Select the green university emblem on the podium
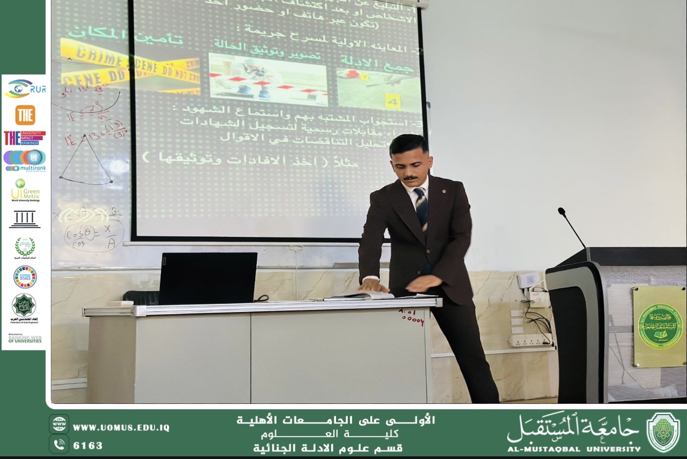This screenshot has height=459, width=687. pos(660,326)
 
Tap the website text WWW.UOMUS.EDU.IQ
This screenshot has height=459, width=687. pos(121,428)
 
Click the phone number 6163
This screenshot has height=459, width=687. pos(88,446)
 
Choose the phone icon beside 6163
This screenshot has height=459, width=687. pos(59,444)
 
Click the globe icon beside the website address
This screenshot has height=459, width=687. pos(59,424)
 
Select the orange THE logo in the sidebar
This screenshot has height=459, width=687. pos(25,114)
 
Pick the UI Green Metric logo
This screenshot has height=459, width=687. pos(25,190)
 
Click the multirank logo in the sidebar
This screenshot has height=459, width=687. pos(25,160)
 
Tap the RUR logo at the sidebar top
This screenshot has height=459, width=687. pos(25,89)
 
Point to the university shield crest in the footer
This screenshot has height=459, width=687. pos(663,432)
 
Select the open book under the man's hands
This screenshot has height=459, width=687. pos(364,295)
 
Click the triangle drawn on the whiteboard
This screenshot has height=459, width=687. pos(86,160)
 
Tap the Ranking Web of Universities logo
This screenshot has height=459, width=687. pos(25,338)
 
